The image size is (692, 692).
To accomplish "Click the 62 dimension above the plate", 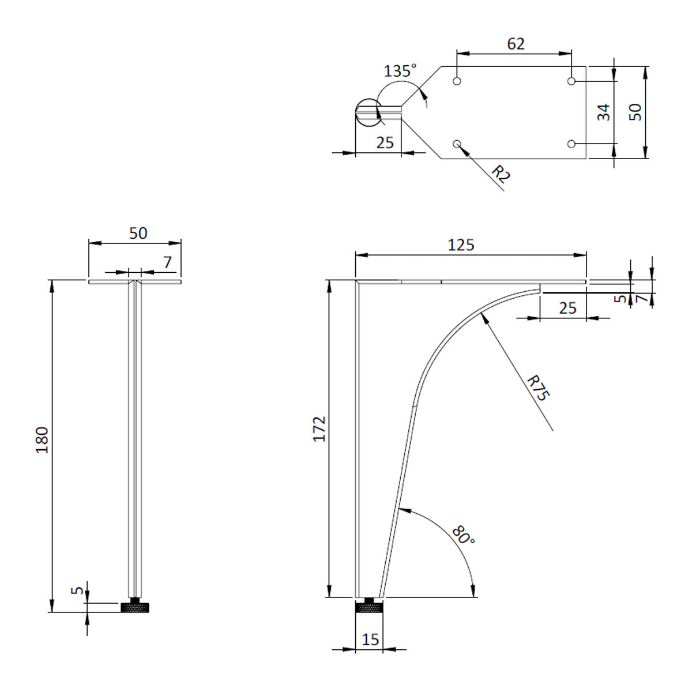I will coord(516,44).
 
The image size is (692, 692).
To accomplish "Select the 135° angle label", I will coord(400,71).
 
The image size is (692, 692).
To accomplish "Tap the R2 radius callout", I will coord(501,174).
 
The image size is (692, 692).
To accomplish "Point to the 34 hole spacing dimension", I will coord(603,112).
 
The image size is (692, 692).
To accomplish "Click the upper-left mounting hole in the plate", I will coord(457,81).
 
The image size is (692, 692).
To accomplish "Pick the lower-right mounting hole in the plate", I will coord(571,144).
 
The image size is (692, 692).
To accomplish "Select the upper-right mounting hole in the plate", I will coord(571,81).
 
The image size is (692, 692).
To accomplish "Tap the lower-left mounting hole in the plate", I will coord(457,144).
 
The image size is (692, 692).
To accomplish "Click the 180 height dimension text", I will coord(43,440).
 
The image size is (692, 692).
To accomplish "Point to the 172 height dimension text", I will coord(319,429).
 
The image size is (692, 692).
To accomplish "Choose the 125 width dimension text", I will coord(461,245).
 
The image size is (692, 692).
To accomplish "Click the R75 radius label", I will coord(539,388).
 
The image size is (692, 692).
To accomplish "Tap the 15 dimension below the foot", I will coord(370,640).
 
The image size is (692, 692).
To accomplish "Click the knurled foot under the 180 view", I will coord(135,606).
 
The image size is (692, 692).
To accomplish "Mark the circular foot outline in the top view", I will coord(369,112).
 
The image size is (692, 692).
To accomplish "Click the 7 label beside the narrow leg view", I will coord(167,262).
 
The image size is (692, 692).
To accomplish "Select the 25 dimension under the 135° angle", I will coord(385,142).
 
